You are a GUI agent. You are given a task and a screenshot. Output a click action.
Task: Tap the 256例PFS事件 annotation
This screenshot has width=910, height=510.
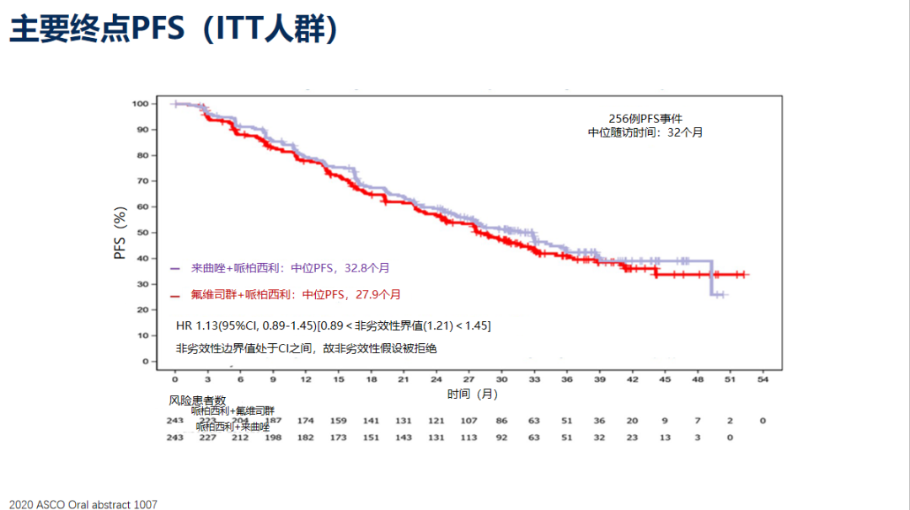click(x=645, y=119)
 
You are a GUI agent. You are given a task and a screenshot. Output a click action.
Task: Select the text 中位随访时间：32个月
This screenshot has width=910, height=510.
click(x=645, y=132)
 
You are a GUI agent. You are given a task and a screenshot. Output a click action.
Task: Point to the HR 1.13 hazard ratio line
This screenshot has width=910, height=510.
click(x=333, y=325)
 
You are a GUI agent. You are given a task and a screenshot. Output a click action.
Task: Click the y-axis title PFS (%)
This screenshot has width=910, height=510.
click(x=120, y=232)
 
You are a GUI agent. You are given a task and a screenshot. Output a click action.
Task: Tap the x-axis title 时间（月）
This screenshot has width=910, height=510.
click(x=471, y=394)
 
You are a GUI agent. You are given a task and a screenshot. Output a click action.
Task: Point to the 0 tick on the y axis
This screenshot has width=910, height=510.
click(x=144, y=362)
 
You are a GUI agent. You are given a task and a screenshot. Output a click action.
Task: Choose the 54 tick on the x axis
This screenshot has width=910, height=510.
click(x=763, y=379)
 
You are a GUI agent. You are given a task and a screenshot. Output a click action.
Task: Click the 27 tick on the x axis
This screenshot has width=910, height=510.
click(x=468, y=379)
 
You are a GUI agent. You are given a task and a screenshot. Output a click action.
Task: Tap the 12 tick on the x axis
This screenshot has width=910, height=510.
click(x=306, y=379)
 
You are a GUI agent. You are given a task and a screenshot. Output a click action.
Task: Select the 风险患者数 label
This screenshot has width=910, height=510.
click(x=197, y=400)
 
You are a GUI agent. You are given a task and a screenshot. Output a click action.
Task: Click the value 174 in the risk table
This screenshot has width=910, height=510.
click(x=306, y=420)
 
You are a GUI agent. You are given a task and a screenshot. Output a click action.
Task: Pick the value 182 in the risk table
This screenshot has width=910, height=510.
click(x=306, y=438)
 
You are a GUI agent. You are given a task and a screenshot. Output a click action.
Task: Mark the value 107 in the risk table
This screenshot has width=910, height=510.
click(x=468, y=420)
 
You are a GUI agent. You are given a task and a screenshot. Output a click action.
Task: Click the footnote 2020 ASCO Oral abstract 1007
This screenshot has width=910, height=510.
click(x=79, y=504)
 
